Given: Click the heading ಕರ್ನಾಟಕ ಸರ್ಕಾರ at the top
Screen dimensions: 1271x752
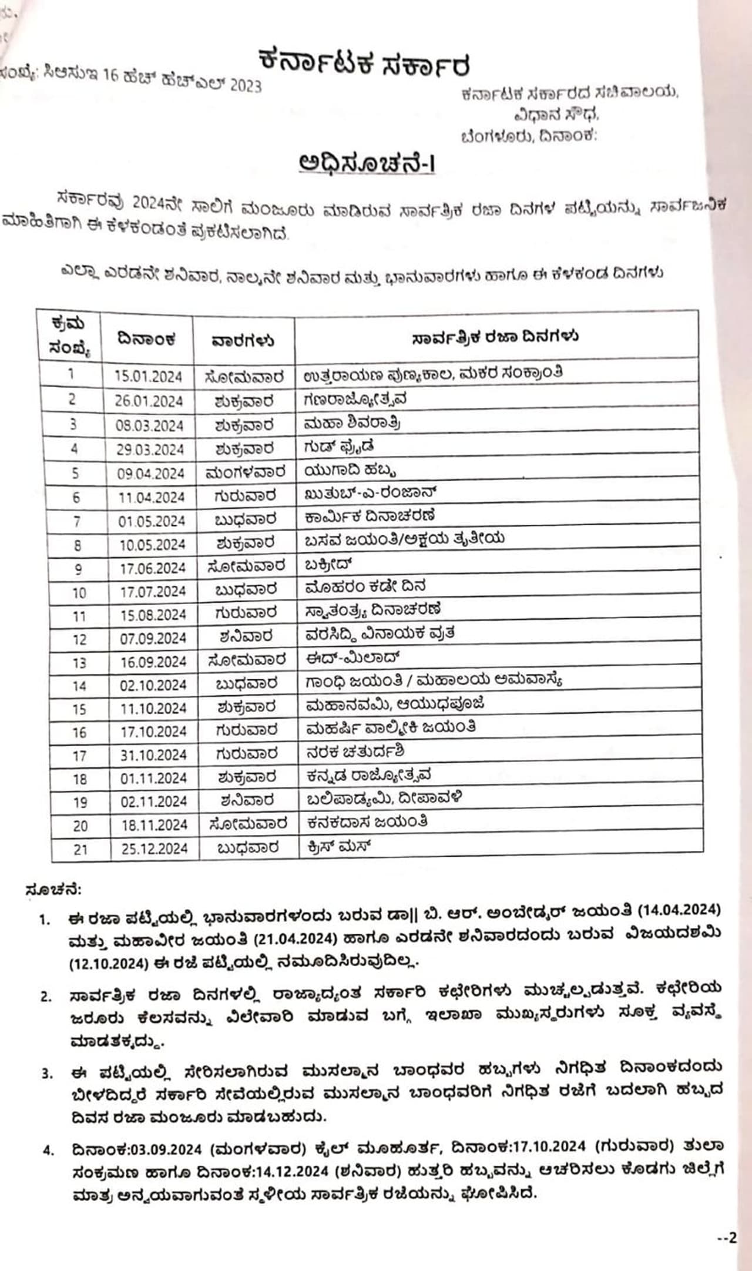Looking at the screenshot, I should [364, 63].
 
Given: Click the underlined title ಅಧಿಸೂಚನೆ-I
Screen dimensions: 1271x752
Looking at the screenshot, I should [367, 163].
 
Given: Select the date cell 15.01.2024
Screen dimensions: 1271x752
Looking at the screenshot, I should [148, 376].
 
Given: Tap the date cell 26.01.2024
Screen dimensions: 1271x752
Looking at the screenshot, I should [149, 401].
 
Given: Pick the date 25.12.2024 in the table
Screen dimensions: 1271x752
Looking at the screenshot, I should [155, 849].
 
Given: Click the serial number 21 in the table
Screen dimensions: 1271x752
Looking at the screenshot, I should [80, 849].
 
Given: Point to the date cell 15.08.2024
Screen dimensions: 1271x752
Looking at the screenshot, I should [153, 615].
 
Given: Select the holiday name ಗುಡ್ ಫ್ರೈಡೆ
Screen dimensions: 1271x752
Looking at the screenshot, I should [338, 447].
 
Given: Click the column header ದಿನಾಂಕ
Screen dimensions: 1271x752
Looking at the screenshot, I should [146, 339].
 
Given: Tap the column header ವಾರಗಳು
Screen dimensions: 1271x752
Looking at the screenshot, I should [243, 341].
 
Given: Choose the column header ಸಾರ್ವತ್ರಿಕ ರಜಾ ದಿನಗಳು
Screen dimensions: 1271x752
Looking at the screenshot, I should [495, 337].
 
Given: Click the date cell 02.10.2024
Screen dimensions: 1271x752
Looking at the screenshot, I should [153, 685].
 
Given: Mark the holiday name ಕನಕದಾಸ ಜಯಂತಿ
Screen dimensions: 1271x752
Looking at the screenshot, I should [367, 821].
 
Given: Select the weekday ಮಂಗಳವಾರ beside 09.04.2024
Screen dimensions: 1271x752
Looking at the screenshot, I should [245, 472].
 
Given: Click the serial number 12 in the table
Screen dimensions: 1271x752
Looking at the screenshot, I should [79, 639].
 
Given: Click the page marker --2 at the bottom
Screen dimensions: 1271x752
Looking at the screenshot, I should [727, 1238].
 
